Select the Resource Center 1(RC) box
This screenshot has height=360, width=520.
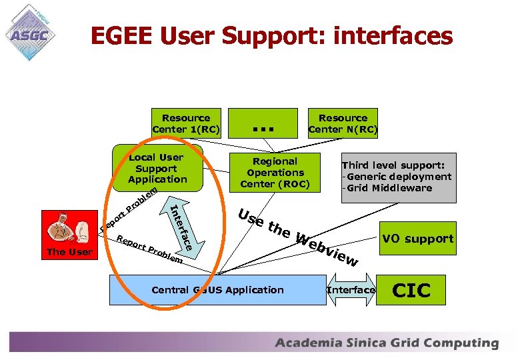(x=186, y=123)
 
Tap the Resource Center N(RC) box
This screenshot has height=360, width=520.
(x=343, y=123)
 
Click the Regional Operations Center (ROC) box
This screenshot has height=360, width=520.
(x=275, y=172)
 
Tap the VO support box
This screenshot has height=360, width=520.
(x=417, y=239)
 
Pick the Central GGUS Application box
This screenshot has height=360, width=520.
(x=217, y=290)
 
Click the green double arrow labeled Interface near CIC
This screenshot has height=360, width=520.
(x=351, y=290)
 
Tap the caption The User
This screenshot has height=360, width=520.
(x=69, y=252)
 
